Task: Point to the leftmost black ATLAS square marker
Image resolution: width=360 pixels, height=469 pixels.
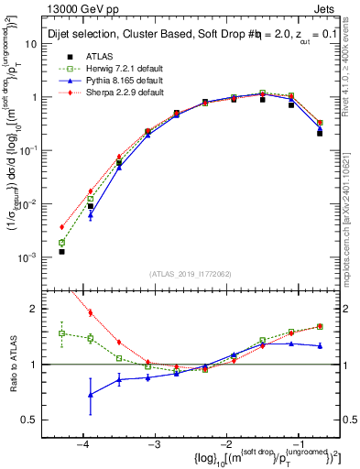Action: tap(61, 251)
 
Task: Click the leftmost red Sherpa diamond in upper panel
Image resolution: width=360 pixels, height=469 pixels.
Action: tap(61, 227)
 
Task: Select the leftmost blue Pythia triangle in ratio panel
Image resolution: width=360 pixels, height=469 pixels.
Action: tap(90, 395)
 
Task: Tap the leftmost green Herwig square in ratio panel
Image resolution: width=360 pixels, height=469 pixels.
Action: tap(61, 333)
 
